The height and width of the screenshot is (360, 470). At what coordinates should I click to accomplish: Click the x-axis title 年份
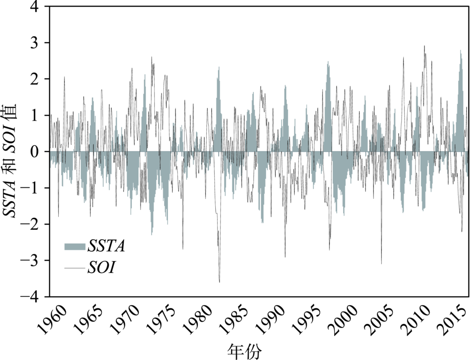tap(244, 350)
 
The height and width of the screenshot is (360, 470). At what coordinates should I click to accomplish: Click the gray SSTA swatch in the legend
tap(74, 246)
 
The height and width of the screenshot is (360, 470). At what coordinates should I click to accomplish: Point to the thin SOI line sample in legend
tap(74, 268)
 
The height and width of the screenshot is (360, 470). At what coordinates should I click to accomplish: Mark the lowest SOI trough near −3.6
tap(219, 282)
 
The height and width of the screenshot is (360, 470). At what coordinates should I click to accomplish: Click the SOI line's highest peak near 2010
tap(424, 46)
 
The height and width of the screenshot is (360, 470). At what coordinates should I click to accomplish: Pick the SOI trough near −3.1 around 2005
tap(381, 264)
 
